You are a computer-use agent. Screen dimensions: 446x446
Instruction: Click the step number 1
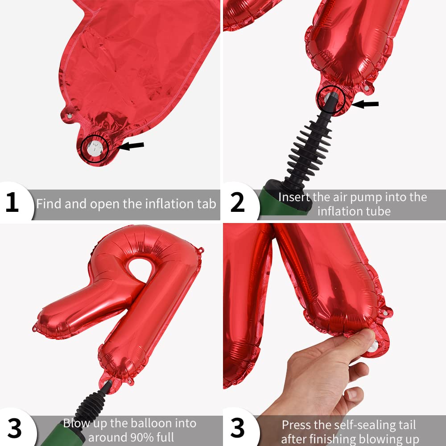12,202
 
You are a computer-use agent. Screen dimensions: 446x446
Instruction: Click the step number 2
237,202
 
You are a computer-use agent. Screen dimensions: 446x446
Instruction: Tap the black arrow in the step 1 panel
131,146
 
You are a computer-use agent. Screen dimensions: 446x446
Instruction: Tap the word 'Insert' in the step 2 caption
294,197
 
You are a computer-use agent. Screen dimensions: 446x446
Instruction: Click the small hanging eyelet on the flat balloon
70,116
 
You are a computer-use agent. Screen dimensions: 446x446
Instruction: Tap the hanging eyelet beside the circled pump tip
367,88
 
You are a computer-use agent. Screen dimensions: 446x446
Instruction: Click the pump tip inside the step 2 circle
331,99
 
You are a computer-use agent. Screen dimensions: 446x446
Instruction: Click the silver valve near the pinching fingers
373,347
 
